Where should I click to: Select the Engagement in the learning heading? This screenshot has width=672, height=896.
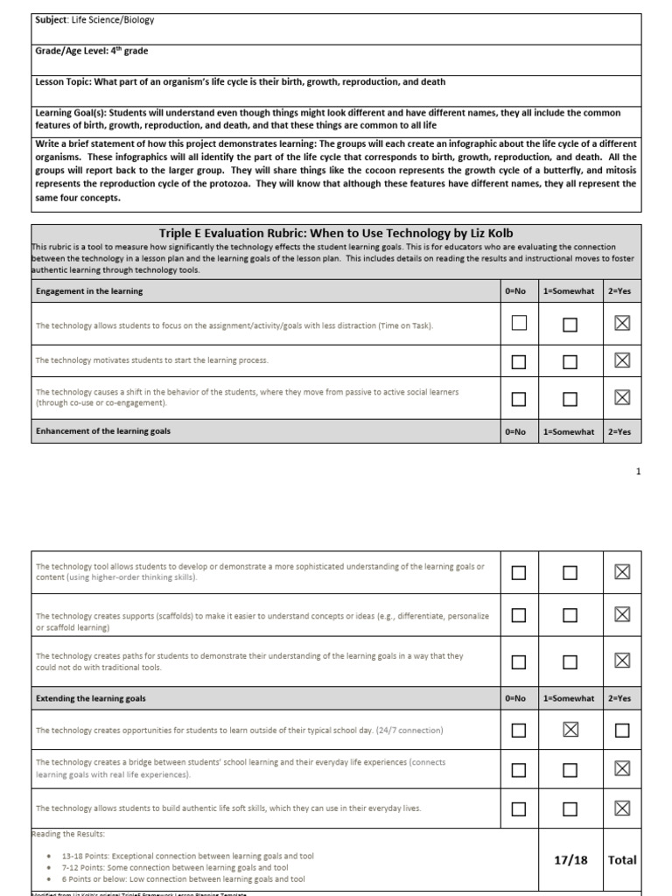pos(88,290)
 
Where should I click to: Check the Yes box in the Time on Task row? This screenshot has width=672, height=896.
pos(621,325)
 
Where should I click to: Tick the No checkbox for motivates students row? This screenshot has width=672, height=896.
pos(519,361)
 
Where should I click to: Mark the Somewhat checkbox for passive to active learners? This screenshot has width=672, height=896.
pos(570,399)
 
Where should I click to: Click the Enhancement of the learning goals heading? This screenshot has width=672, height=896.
pos(103,431)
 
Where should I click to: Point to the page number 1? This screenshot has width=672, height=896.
pos(639,472)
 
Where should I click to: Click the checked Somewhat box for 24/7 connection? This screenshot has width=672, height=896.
pos(570,731)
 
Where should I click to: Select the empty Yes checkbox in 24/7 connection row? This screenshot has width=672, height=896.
pos(621,731)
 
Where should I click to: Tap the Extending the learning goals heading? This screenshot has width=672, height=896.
pos(91,698)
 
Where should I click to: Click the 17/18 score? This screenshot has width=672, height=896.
pos(570,860)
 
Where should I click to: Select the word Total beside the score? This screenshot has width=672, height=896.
pos(622,860)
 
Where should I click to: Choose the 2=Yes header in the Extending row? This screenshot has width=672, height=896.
pos(621,698)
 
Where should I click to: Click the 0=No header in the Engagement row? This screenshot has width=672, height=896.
pos(516,290)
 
